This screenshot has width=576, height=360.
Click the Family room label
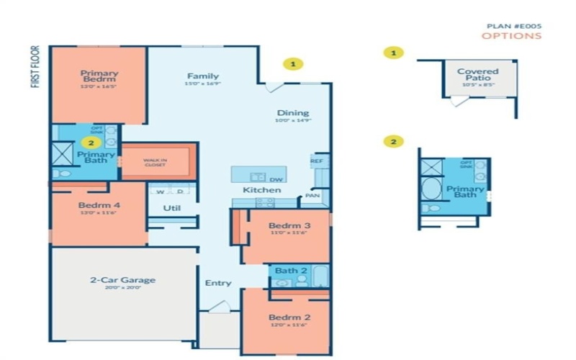pyautogui.click(x=203, y=76)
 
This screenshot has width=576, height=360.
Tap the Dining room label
pyautogui.click(x=293, y=113)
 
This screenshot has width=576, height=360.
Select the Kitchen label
pyautogui.click(x=261, y=189)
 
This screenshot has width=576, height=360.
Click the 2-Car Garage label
pyautogui.click(x=124, y=280)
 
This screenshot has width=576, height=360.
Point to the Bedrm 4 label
pyautogui.click(x=98, y=205)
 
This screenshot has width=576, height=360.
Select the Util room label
pyautogui.click(x=171, y=208)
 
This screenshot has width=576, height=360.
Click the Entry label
pyautogui.click(x=218, y=283)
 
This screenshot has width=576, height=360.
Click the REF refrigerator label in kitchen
pyautogui.click(x=316, y=161)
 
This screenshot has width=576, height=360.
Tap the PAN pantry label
pyautogui.click(x=312, y=194)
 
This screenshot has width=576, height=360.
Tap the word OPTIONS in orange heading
pyautogui.click(x=511, y=35)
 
